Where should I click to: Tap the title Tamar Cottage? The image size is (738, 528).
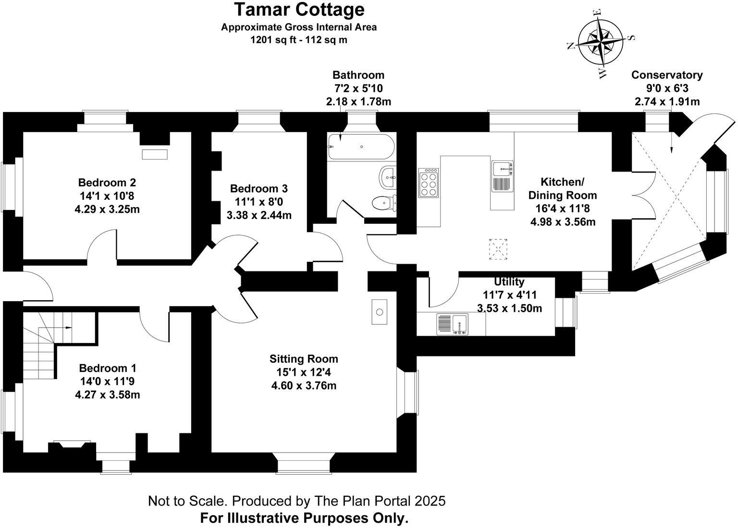pos(299,10)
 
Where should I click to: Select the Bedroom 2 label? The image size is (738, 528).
pos(107,183)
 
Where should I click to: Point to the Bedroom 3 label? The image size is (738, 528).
pos(259,188)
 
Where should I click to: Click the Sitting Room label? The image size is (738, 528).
pos(304,359)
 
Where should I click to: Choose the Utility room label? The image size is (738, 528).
pos(509,282)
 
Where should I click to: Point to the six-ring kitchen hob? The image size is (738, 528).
pos(429,183)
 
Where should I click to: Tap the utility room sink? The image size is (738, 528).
pos(452,324)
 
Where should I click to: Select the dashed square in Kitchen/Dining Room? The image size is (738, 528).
pos(498,250)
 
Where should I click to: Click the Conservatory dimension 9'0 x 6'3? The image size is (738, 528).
pos(667,88)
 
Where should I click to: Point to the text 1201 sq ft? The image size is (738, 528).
pos(270,40)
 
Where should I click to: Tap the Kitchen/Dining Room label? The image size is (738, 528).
pos(563,188)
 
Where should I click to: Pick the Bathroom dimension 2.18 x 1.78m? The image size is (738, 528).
pos(358,102)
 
